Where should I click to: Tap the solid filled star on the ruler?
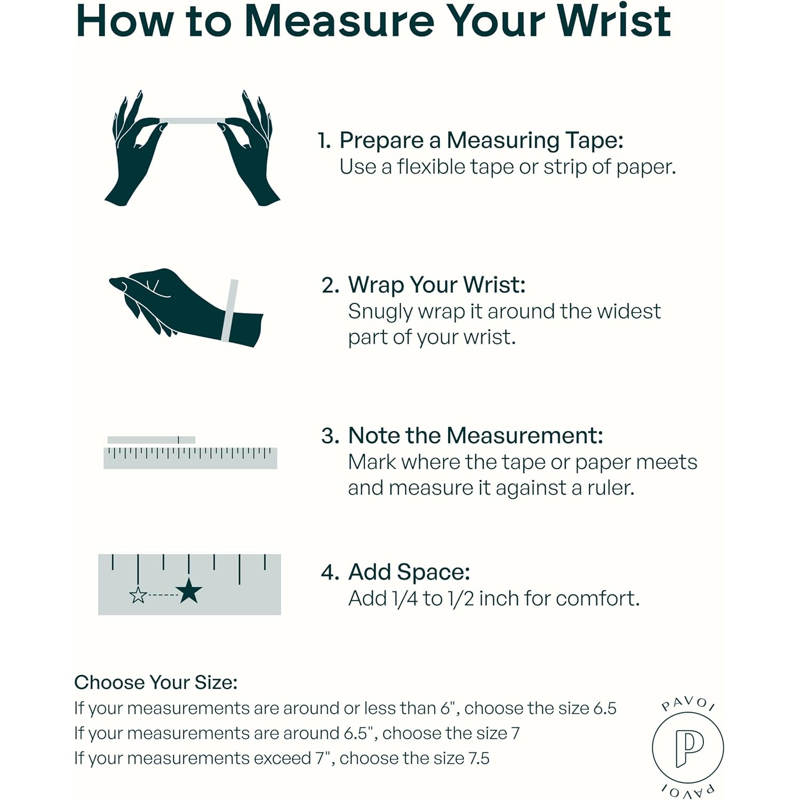point(189,591)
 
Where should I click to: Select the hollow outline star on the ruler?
point(138,594)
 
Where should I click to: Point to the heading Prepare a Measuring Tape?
point(481,140)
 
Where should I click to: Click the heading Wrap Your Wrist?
point(437,285)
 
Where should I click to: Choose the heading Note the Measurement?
point(476,436)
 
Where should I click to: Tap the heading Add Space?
point(409,572)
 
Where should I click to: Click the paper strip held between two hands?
point(192,121)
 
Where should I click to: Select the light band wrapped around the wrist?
point(230,310)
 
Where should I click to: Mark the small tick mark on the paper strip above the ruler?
point(179,440)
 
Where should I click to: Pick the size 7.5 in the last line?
point(479,758)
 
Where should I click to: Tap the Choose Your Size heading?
point(156,682)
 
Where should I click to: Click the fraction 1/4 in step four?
point(404,598)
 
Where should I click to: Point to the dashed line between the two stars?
point(162,595)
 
